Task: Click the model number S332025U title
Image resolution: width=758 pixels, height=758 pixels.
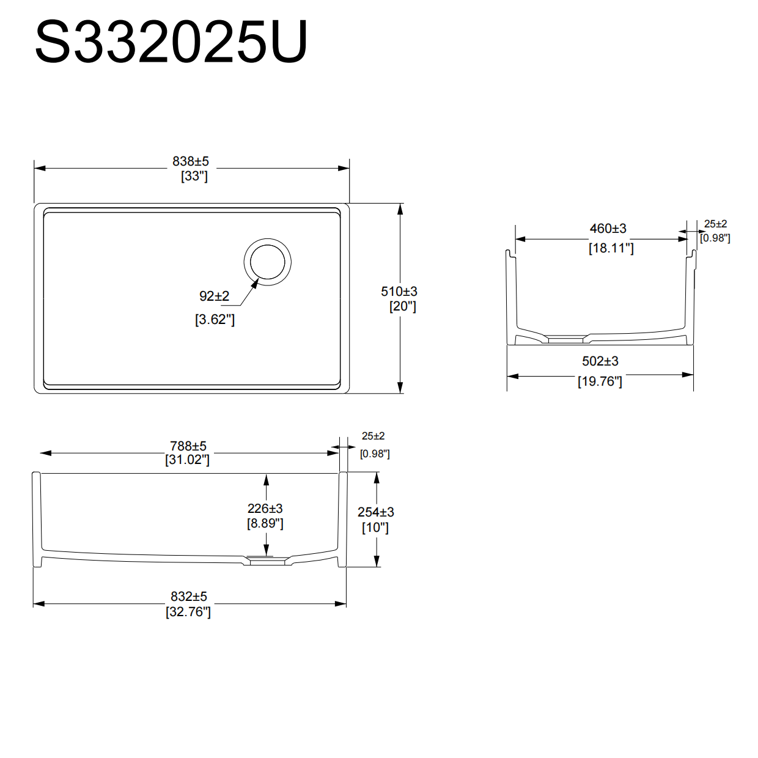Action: click(x=171, y=42)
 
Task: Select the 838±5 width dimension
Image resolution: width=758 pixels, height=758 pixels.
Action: click(x=191, y=161)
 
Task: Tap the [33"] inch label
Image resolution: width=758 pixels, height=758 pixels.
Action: click(x=194, y=176)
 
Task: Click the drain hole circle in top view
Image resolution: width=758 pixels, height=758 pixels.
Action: click(x=268, y=262)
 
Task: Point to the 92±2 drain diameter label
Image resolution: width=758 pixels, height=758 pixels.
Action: click(x=214, y=296)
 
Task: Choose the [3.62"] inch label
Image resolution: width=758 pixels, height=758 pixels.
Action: click(x=215, y=319)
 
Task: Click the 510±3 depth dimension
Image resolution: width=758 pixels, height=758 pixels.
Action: click(x=399, y=292)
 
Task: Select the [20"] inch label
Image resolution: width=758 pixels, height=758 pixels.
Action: click(x=402, y=306)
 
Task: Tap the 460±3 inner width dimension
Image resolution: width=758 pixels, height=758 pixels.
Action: click(x=608, y=228)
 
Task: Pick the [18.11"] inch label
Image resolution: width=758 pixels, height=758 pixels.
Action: click(x=611, y=248)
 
